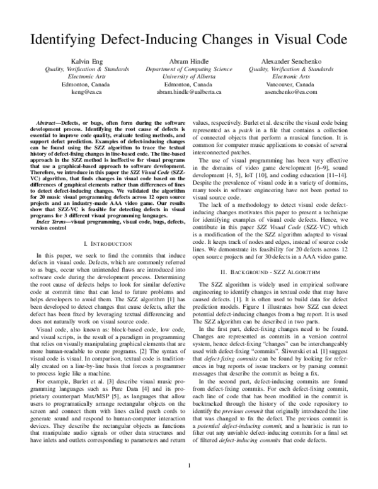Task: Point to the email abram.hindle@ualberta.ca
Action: pos(189,92)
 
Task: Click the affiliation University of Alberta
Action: pos(189,76)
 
